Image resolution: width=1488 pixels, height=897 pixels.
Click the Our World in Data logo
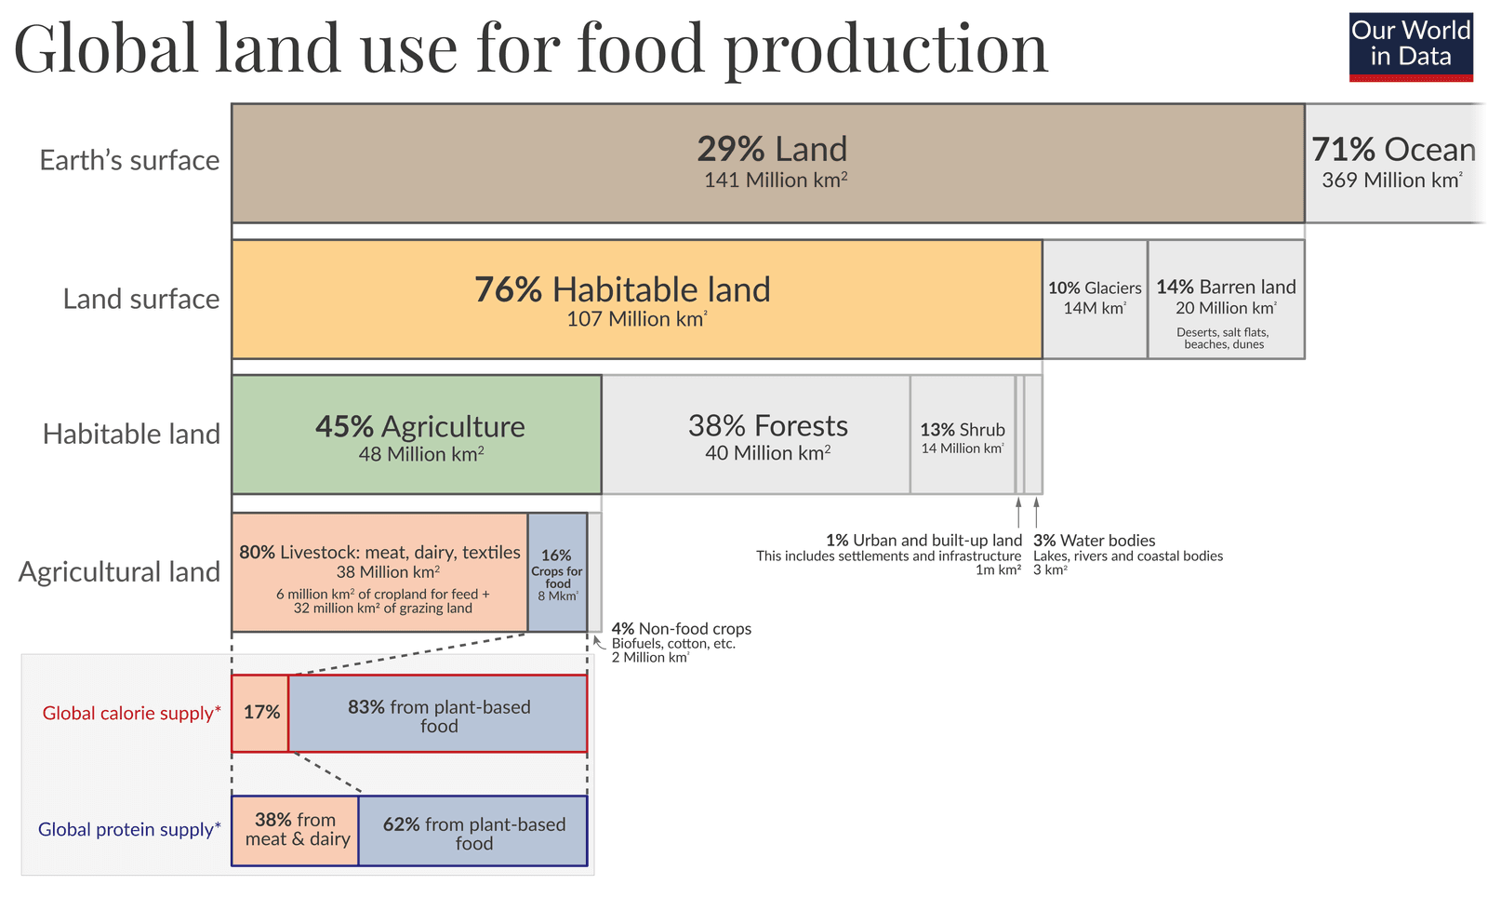click(x=1411, y=47)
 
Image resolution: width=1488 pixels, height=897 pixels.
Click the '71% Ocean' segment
click(x=1392, y=163)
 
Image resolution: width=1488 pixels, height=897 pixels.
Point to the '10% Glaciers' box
click(x=1095, y=299)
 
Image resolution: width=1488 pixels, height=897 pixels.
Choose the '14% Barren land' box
click(x=1226, y=299)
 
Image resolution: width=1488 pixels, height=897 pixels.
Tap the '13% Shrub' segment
click(x=963, y=435)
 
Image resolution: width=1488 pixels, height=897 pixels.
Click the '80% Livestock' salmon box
click(x=379, y=572)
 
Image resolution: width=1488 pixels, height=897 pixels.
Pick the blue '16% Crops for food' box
click(x=557, y=572)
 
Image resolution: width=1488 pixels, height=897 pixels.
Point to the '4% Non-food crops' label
click(x=681, y=630)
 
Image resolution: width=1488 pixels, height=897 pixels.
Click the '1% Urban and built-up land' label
click(x=923, y=541)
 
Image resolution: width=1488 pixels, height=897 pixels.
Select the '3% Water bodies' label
click(x=1094, y=541)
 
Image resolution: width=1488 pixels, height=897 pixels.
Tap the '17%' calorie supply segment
click(x=260, y=713)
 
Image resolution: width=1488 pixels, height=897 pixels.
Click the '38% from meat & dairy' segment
click(x=296, y=830)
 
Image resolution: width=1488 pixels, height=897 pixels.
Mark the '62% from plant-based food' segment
click(x=473, y=832)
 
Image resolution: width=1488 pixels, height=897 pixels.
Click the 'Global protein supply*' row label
click(x=129, y=829)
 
